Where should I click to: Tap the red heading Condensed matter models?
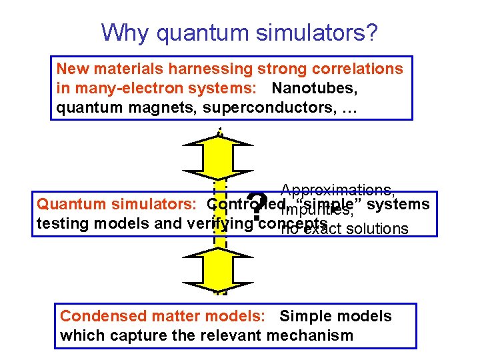click(165, 316)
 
